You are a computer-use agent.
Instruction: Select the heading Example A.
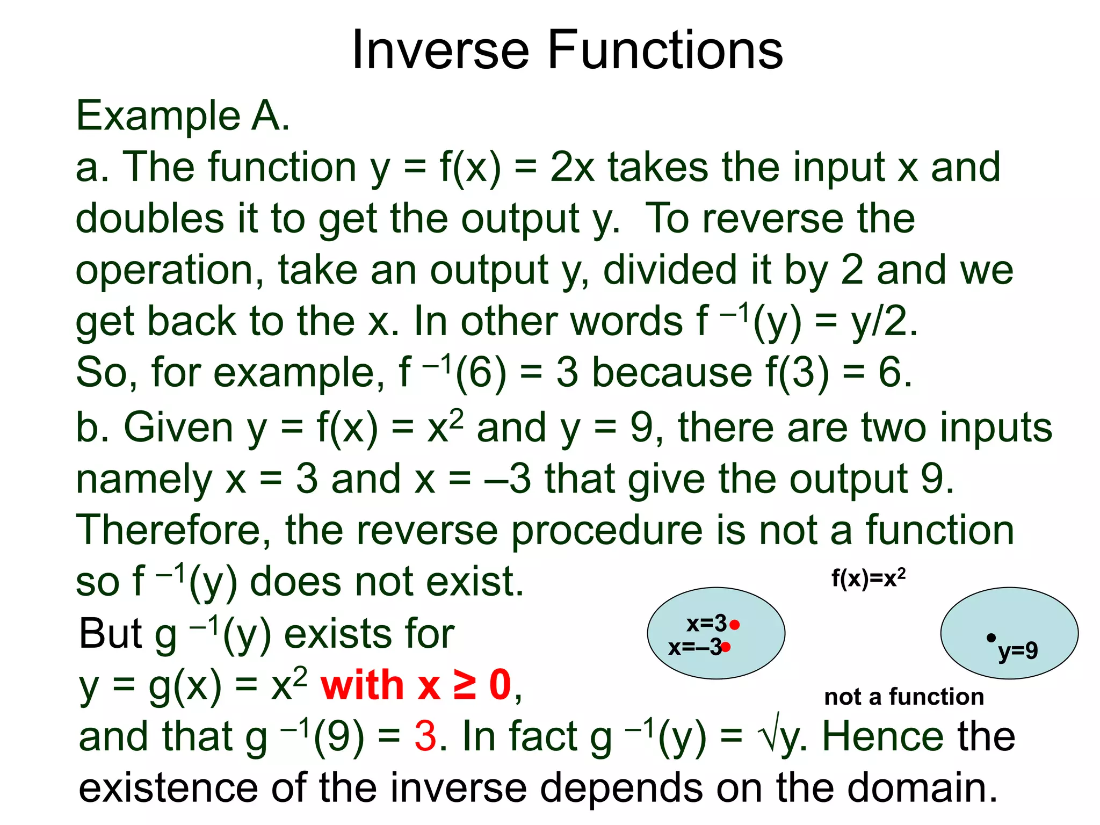[x=183, y=115]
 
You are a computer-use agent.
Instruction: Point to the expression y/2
[x=884, y=322]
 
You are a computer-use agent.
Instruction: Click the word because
[x=671, y=372]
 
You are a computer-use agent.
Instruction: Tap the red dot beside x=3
[x=735, y=625]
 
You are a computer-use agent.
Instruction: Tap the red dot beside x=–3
[x=726, y=647]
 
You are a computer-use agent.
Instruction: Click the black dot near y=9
[x=991, y=638]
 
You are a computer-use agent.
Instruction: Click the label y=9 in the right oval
[x=1018, y=651]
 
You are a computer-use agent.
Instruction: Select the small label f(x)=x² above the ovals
[x=868, y=578]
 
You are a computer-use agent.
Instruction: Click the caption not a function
[x=904, y=697]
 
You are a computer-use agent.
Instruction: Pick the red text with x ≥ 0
[x=416, y=686]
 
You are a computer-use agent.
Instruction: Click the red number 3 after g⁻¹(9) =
[x=425, y=736]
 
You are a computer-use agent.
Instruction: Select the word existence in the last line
[x=168, y=787]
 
